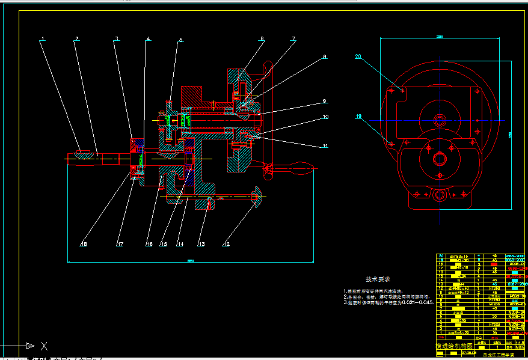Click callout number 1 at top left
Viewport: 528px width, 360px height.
point(43,40)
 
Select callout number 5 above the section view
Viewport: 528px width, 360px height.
point(180,40)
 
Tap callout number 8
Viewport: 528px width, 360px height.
point(324,57)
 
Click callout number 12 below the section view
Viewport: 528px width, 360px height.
point(226,244)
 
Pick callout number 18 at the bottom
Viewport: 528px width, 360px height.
point(84,244)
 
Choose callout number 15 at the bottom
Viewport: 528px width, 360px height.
point(162,244)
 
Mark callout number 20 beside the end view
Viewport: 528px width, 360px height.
point(358,57)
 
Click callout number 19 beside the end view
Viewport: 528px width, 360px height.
point(359,117)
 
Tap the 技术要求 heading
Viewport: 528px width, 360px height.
point(378,279)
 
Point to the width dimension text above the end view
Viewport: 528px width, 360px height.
point(439,37)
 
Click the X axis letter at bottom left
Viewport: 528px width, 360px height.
point(43,346)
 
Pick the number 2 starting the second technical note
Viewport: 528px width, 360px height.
point(345,297)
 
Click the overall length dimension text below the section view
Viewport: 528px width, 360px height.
point(191,261)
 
